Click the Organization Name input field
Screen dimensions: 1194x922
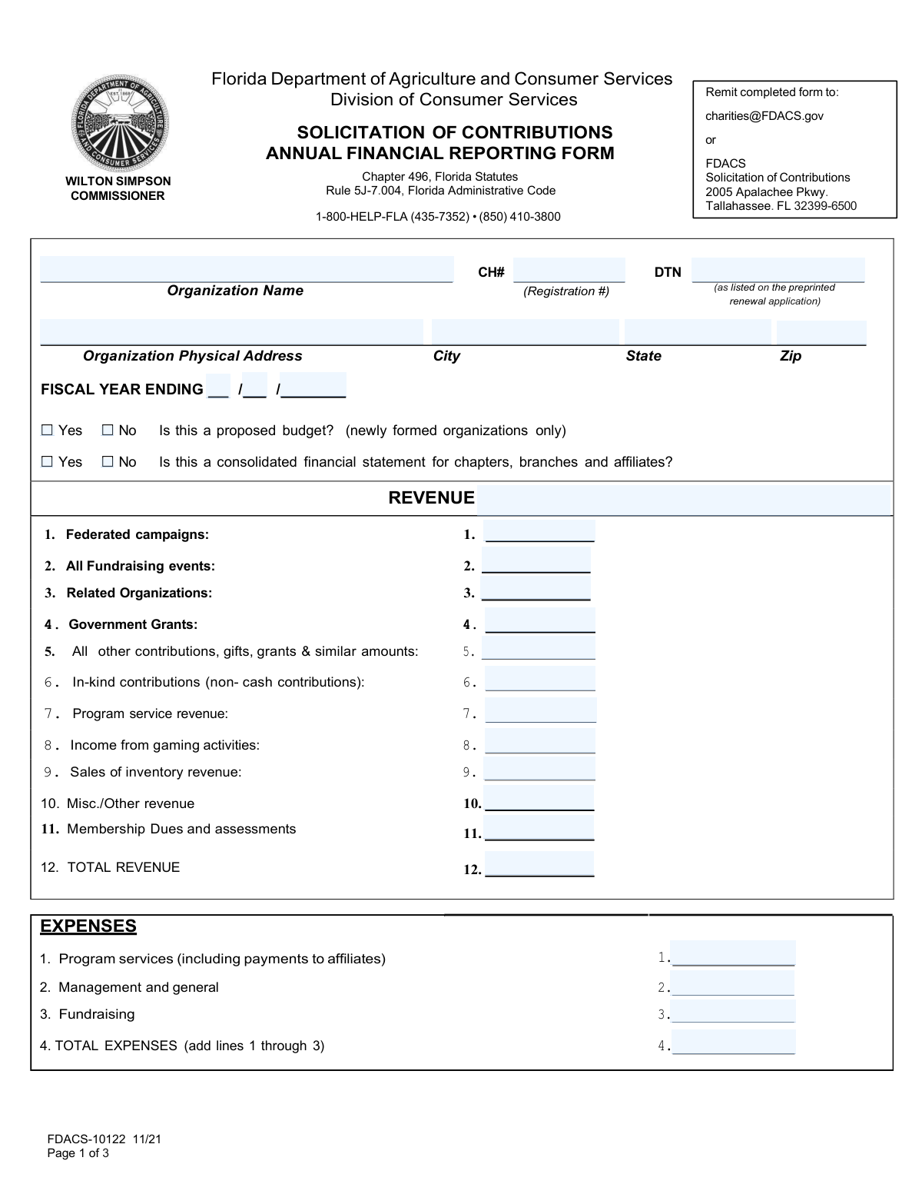[246, 270]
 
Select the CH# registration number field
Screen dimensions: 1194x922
[569, 271]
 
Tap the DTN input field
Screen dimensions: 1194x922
[778, 271]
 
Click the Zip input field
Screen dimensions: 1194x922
[821, 332]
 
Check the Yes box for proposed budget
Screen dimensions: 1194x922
[48, 431]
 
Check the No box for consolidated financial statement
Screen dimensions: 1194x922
[108, 462]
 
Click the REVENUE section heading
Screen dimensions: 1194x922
[431, 498]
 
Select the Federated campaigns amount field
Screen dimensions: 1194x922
[539, 532]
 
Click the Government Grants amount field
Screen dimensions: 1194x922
[539, 621]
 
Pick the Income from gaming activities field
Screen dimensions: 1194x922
[539, 742]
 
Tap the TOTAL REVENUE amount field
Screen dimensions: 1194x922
[539, 865]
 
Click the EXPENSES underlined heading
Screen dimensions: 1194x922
[88, 926]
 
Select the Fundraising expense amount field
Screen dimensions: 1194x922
[732, 1012]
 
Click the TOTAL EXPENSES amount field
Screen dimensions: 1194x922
[732, 1043]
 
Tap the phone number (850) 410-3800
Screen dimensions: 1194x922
[520, 217]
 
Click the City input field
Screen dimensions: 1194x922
[525, 332]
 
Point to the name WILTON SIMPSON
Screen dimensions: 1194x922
[118, 181]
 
